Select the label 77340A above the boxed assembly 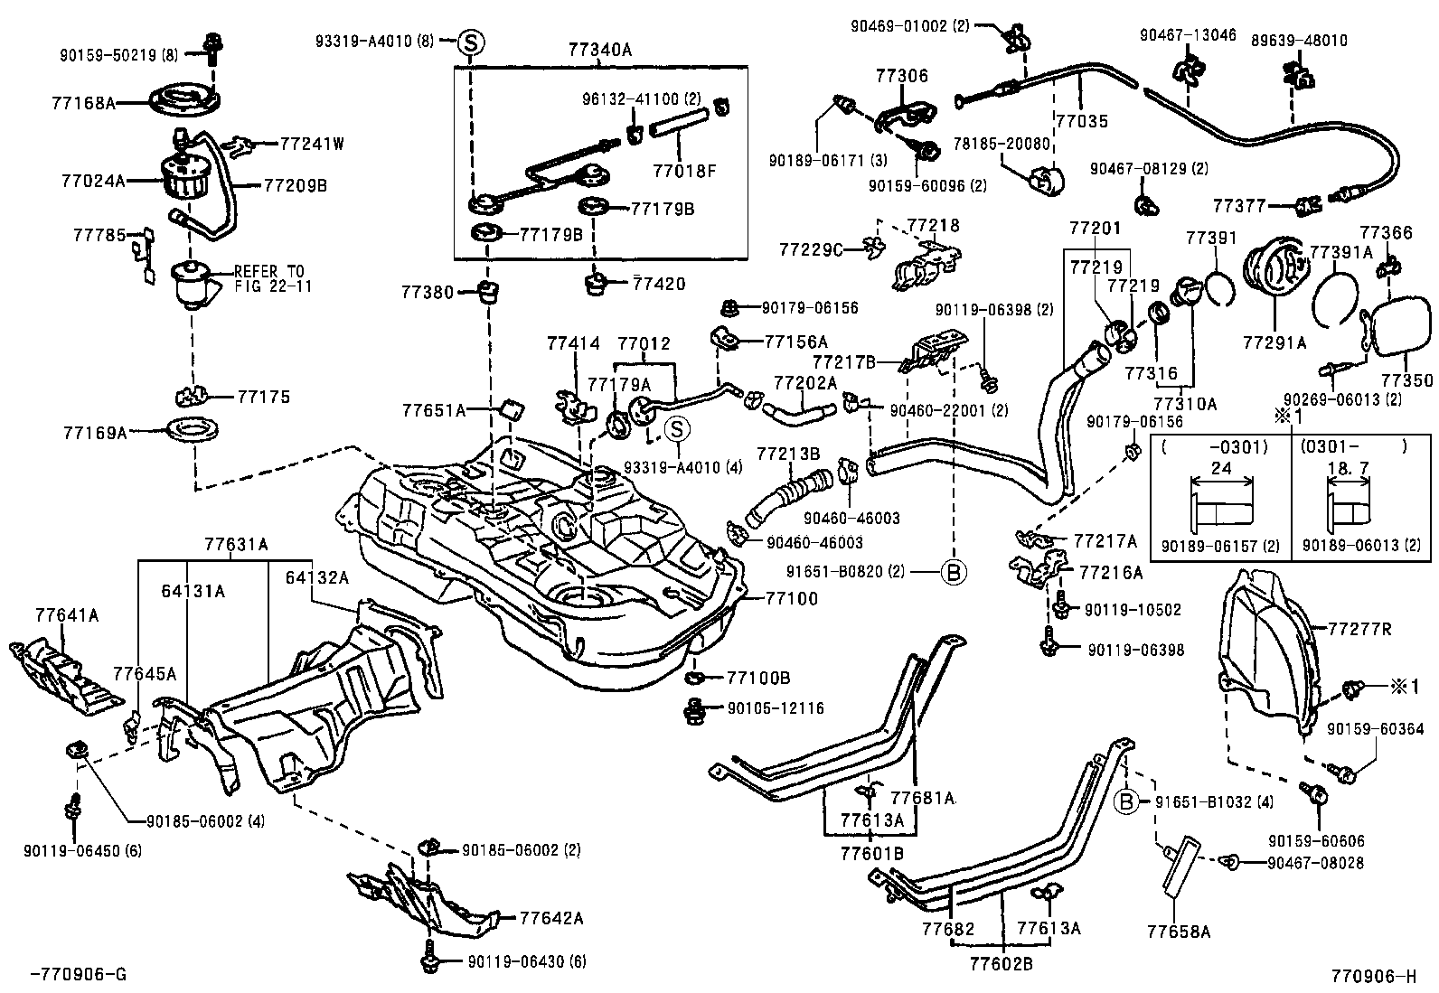click(x=600, y=51)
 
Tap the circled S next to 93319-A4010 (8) click(x=471, y=41)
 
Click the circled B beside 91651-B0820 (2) click(x=954, y=571)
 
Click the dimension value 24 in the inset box click(x=1220, y=468)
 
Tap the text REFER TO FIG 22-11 click(x=269, y=277)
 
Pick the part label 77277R click(x=1360, y=629)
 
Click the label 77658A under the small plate click(x=1178, y=931)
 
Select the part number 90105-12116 click(x=776, y=708)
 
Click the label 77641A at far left click(x=67, y=615)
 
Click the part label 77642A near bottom click(x=551, y=918)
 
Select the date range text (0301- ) click(x=1353, y=445)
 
